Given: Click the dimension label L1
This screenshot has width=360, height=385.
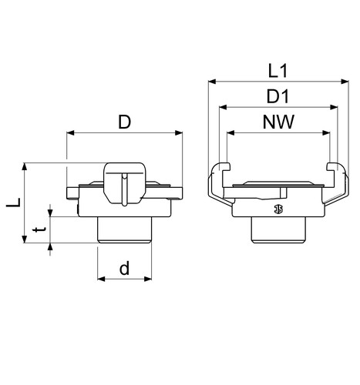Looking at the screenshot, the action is pos(278,71).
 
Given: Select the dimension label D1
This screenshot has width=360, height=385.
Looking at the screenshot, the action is pos(278,96).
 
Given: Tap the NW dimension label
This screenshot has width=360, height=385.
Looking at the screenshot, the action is pos(278,122).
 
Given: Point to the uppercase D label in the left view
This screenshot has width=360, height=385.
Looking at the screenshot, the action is pos(124,122).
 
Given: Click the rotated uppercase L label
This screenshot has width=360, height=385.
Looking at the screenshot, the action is pos(14,203).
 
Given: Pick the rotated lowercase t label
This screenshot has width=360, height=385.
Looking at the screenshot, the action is pos(40,229).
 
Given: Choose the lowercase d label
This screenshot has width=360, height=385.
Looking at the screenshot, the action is pos(124,268).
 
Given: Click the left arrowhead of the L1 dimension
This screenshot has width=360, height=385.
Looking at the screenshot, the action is pos(212,82).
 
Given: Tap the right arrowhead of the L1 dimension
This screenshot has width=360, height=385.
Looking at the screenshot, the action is pos(345,82).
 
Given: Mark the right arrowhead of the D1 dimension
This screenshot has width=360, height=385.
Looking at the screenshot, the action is pos(334,107).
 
